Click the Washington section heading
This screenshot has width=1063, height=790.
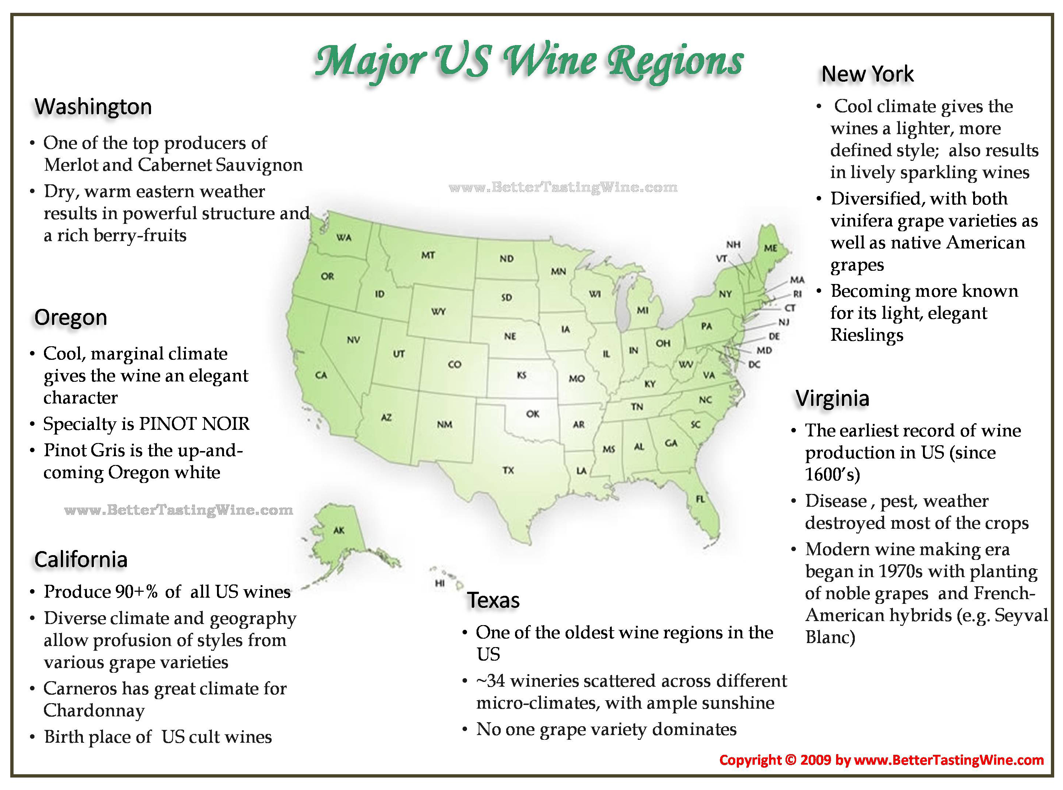click(x=93, y=107)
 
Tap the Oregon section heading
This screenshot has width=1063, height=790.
click(x=70, y=318)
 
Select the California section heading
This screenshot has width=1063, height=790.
click(x=81, y=560)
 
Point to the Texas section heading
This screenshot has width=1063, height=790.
click(x=493, y=600)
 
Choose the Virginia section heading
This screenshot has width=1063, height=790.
click(x=832, y=398)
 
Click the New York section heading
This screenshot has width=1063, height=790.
click(x=867, y=74)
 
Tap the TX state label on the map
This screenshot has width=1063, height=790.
click(x=508, y=470)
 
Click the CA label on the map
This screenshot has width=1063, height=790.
click(x=321, y=375)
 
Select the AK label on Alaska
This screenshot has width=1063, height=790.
click(x=339, y=530)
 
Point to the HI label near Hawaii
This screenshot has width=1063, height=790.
click(x=439, y=583)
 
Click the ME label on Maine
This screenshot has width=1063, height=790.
click(x=770, y=248)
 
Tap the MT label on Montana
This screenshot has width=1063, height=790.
click(x=428, y=255)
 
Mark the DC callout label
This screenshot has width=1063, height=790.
click(x=754, y=364)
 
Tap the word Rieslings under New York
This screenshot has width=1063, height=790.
click(x=867, y=335)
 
